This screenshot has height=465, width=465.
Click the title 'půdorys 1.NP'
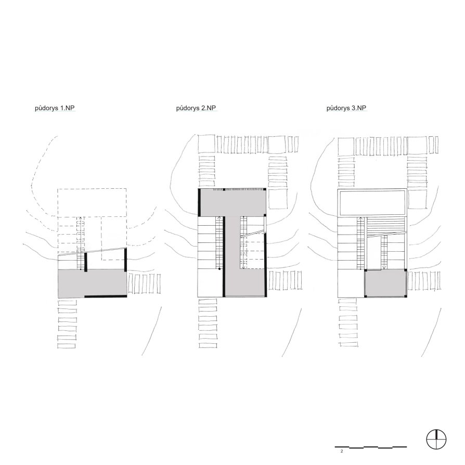pos(55,108)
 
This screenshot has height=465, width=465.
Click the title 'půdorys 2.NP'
pos(196,108)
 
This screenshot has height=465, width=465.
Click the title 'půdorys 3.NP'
pos(346,108)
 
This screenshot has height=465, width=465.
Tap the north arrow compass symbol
pos(436,439)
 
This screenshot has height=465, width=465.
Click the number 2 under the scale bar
pos(342,451)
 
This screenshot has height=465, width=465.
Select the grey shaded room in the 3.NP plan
pos(384,283)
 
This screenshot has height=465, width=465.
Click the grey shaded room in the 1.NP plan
pos(92,283)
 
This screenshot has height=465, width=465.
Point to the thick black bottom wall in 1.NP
pos(106,296)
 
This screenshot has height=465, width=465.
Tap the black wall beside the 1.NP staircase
pos(86,262)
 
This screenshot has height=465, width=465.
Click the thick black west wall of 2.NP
pos(200,202)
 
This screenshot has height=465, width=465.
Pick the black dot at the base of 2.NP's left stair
pos(219,269)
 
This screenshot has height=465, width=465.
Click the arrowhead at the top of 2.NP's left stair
pos(219,218)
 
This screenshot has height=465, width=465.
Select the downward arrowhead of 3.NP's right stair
pos(384,267)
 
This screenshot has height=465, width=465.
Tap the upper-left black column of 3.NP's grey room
pos(366,270)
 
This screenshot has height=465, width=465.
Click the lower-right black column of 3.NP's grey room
pos(405,295)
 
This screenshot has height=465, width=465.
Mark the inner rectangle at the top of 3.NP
pos(372,202)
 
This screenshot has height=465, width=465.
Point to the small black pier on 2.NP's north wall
pos(224,189)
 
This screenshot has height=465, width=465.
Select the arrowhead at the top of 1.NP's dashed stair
pos(81,218)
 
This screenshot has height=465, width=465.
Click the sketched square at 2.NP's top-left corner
pos(206,145)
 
